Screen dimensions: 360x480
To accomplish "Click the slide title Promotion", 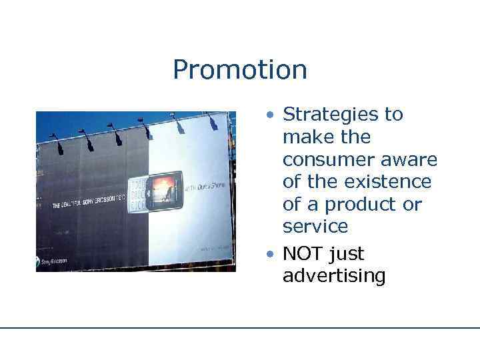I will pyautogui.click(x=239, y=70).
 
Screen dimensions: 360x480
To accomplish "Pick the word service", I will pyautogui.click(x=315, y=227).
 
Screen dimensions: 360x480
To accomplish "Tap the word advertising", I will pyautogui.click(x=333, y=276).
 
